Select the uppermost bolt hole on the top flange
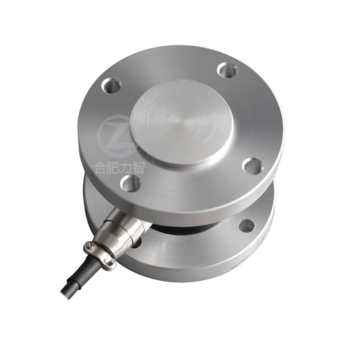227,70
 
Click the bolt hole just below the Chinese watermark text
130,183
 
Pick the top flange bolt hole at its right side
252,166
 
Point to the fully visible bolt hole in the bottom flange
246,225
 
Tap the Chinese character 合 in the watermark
101,168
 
